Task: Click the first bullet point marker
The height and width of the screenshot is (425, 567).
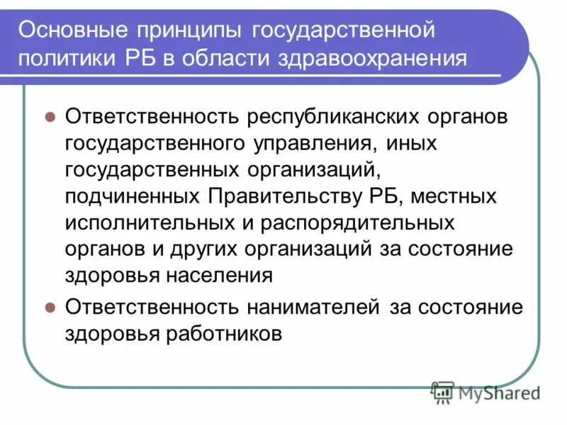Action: point(50,117)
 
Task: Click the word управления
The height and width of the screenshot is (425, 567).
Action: point(310,143)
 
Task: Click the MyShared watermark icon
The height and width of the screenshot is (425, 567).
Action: point(443,392)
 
